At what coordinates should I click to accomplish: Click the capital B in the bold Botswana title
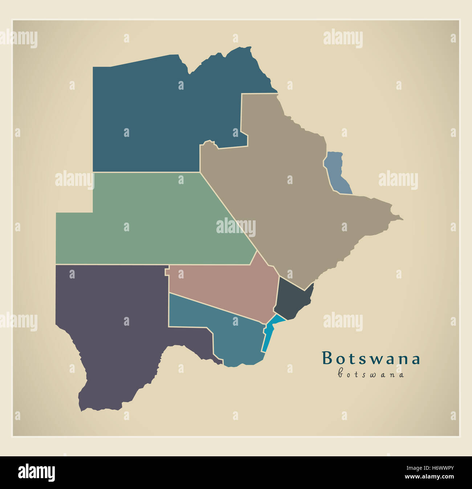click(x=327, y=358)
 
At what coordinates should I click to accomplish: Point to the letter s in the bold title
click(x=363, y=359)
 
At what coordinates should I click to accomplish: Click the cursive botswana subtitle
click(x=371, y=374)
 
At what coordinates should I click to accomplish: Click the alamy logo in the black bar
click(x=36, y=473)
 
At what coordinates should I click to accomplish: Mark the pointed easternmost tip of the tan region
click(x=402, y=219)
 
